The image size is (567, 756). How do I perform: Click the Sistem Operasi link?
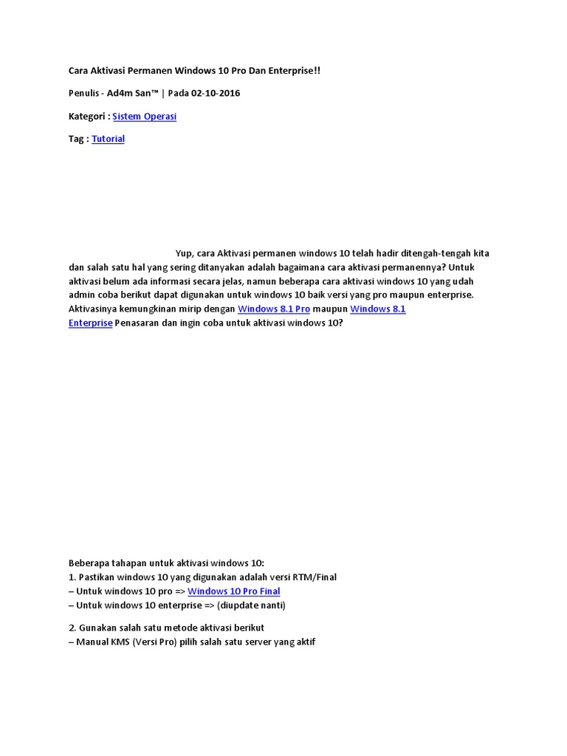coord(144,117)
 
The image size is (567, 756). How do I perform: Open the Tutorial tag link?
coord(108,139)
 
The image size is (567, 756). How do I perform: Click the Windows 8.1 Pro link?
coord(273,309)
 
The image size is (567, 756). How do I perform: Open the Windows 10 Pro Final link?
coord(233,591)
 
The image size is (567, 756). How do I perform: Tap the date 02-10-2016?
coord(215,93)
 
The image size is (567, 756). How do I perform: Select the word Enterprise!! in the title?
coord(292,71)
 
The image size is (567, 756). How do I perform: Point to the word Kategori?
coord(87,117)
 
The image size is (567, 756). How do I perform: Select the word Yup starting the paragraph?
coord(185,253)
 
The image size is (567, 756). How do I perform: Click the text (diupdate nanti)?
coord(251,605)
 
